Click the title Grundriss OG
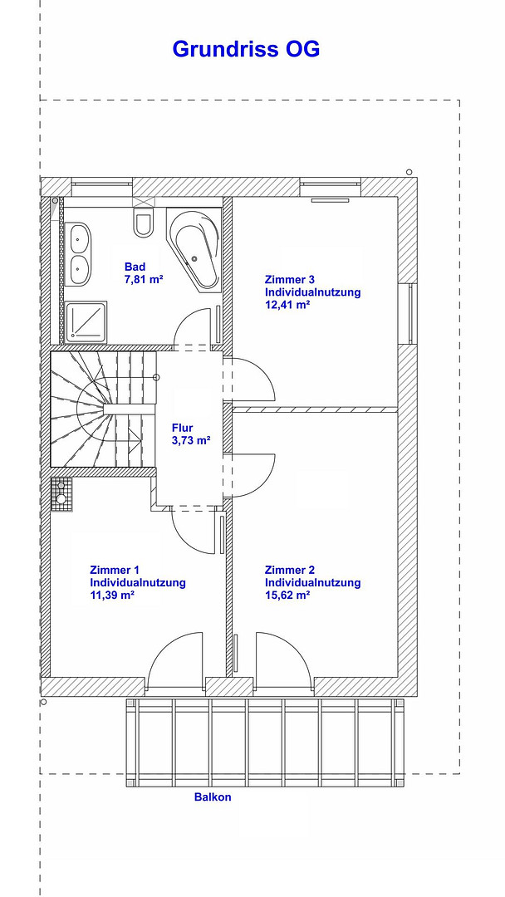(x=246, y=49)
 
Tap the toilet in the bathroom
(x=143, y=222)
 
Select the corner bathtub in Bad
(x=194, y=249)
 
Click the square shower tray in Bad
(x=86, y=322)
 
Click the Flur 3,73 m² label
(x=191, y=434)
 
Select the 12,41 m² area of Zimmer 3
(x=287, y=304)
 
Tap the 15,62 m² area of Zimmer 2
(x=287, y=595)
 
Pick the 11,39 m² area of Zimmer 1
(x=112, y=595)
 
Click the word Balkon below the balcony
(x=213, y=797)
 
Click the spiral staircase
(x=103, y=409)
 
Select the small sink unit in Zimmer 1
(x=61, y=492)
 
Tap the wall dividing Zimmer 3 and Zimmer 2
(x=315, y=409)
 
